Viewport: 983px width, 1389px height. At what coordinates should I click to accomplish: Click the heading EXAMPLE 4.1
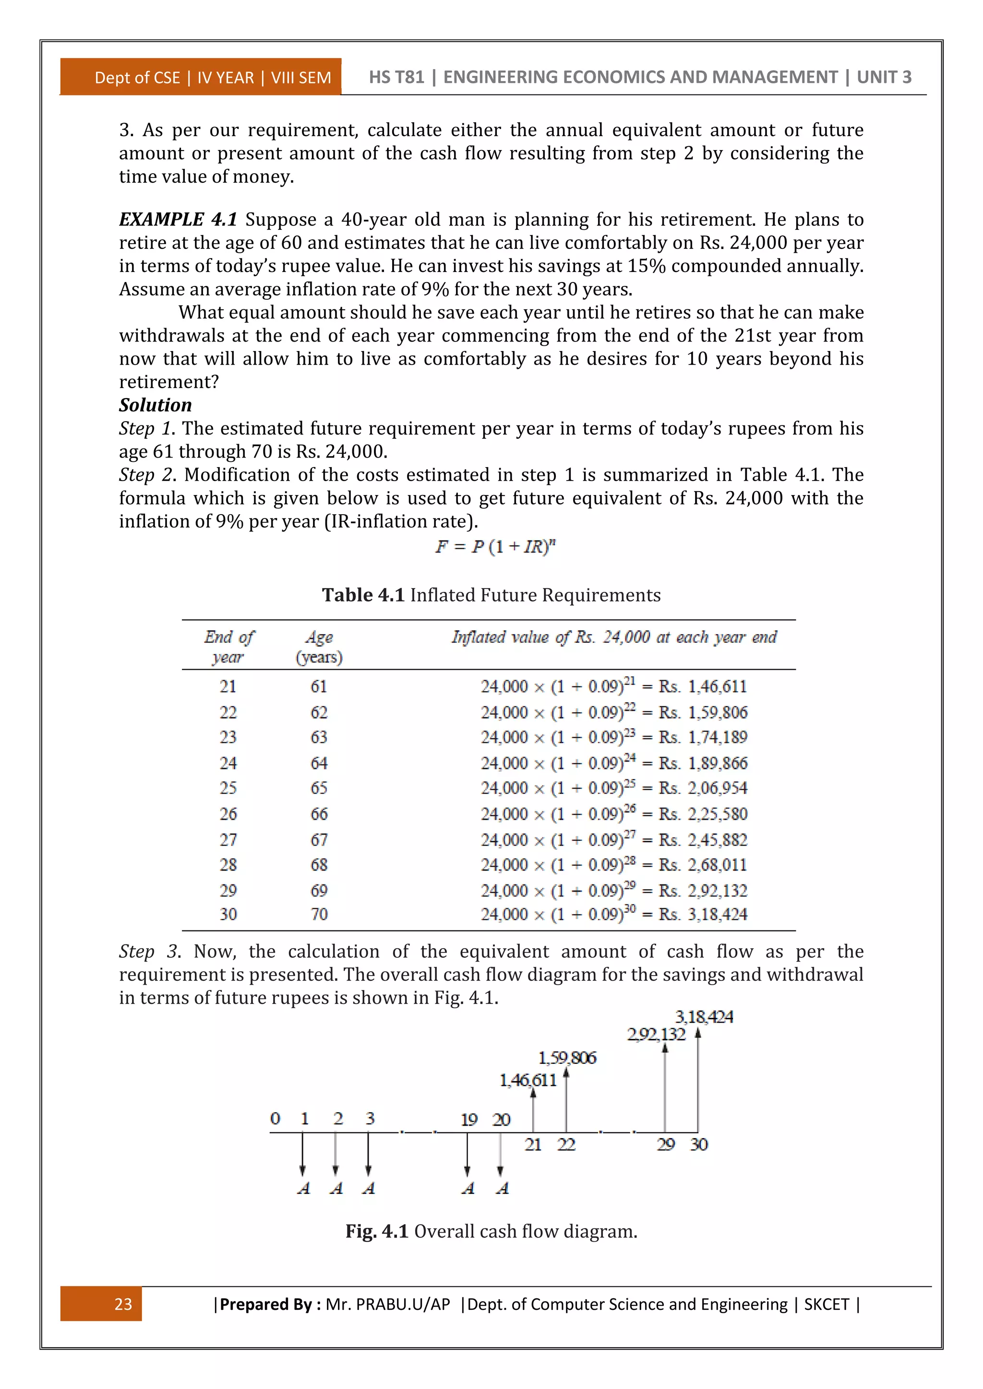[178, 219]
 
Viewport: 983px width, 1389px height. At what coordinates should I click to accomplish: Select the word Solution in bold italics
[155, 405]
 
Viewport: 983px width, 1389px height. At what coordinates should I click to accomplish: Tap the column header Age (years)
[319, 647]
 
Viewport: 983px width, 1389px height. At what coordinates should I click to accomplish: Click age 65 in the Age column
[319, 788]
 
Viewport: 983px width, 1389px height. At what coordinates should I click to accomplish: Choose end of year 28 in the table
[228, 864]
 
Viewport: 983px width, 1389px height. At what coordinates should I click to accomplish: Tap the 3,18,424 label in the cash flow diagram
[704, 1016]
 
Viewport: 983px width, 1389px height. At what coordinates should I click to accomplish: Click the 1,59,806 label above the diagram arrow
[567, 1058]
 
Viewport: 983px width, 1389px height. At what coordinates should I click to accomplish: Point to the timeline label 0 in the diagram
[276, 1118]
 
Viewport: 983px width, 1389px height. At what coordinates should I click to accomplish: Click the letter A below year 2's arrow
[336, 1188]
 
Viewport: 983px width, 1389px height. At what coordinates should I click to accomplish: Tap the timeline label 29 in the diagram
[666, 1144]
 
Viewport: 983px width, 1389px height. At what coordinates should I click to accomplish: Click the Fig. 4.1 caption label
[376, 1231]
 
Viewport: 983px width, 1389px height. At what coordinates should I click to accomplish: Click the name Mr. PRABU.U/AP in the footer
[387, 1304]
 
